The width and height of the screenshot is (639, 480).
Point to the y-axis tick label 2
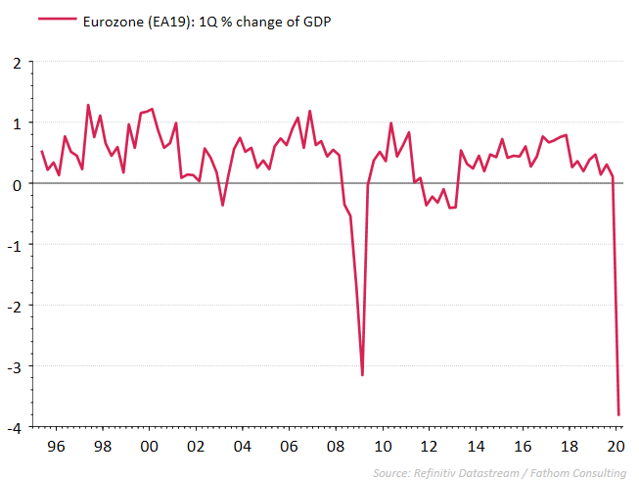[16, 63]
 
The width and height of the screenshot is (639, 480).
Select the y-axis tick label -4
[13, 428]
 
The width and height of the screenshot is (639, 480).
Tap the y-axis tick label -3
[13, 367]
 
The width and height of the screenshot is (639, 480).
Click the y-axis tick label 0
[16, 184]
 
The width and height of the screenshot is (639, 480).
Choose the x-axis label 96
[56, 446]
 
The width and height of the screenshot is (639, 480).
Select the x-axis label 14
[475, 446]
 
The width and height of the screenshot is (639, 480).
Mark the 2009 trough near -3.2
[362, 375]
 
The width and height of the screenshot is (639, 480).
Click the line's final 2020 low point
[618, 414]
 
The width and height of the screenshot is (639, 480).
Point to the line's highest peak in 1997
[88, 105]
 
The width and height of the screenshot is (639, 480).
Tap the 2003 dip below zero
[222, 205]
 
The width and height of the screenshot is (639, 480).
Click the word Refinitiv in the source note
[440, 473]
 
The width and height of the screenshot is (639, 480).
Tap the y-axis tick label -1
[13, 245]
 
